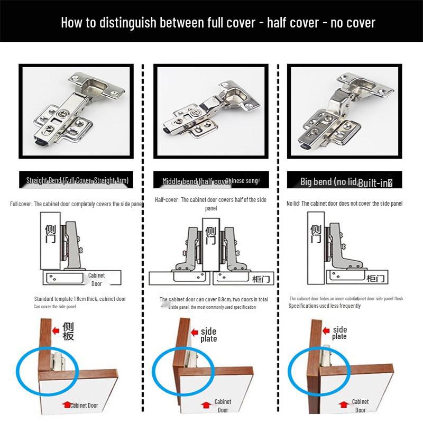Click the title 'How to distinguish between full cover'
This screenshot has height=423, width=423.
click(x=218, y=22)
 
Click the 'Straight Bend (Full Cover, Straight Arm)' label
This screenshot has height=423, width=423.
click(x=77, y=180)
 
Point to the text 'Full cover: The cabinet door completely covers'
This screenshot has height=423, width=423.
click(x=77, y=204)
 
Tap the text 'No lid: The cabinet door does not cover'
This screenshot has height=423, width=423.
click(x=344, y=204)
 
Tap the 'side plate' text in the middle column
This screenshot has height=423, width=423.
click(x=208, y=335)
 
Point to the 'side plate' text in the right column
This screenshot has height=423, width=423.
click(x=339, y=333)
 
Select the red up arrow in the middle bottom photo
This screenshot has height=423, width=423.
click(x=205, y=404)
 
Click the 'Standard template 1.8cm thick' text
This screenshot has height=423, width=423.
click(x=80, y=299)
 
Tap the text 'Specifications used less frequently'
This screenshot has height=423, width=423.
click(x=325, y=306)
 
